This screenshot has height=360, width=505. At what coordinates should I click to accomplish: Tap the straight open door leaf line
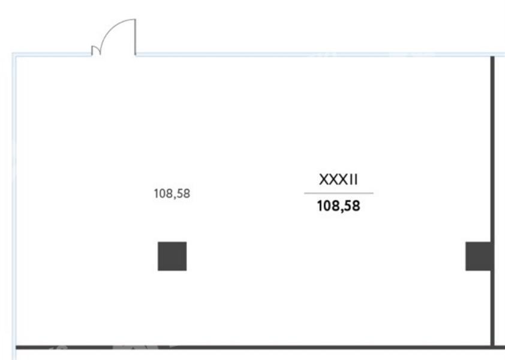coord(136,37)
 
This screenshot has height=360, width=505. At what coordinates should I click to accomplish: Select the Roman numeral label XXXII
coord(338,180)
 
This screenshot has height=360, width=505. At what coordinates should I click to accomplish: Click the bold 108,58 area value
coord(338,206)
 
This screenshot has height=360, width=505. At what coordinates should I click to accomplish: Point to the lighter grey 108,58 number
coord(172,194)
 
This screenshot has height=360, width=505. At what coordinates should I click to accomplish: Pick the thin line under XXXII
coord(339,193)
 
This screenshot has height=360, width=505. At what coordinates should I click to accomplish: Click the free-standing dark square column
coord(172,256)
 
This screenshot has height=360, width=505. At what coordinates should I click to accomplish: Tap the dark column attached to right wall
coord(478,256)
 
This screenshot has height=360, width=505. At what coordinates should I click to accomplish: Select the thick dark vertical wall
coord(492,202)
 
